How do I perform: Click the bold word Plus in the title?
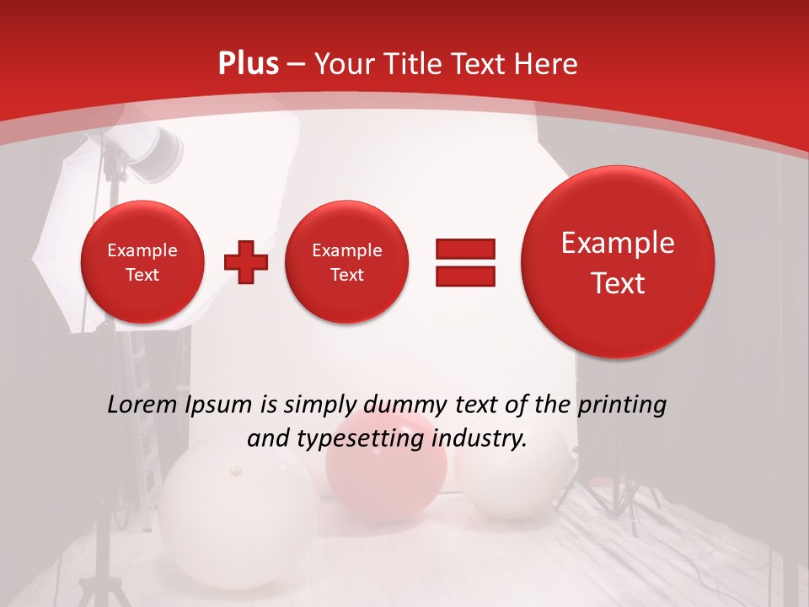(x=249, y=64)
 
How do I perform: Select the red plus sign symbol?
(x=246, y=262)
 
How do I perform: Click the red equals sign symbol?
(x=465, y=262)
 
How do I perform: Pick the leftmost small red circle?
(x=142, y=262)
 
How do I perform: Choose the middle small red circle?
(x=346, y=262)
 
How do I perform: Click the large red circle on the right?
(x=618, y=262)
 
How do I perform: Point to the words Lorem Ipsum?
(x=180, y=405)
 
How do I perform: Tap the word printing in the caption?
(x=622, y=405)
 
